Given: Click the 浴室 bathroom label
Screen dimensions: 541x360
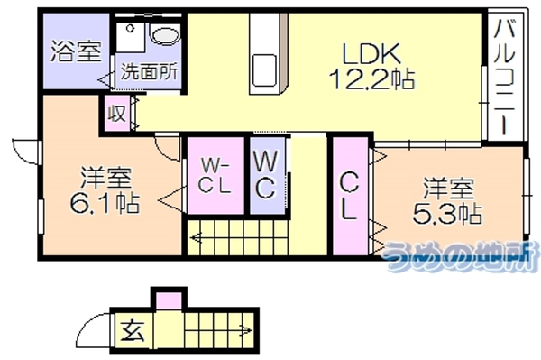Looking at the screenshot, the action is (77, 51).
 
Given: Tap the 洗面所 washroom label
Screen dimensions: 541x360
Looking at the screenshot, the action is (149, 72).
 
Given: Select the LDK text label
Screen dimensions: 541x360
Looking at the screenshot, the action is (371, 53).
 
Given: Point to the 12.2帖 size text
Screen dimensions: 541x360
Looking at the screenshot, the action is (371, 78).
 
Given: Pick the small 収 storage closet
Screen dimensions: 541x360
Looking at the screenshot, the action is (117, 113).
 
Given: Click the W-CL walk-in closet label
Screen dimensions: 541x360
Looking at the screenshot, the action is (215, 175).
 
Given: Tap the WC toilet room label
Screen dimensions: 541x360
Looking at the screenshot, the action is (266, 175).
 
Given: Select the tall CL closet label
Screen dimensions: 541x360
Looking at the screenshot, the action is (349, 196).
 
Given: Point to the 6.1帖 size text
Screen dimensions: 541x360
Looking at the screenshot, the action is (105, 203).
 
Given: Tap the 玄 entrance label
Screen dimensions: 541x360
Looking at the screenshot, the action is (133, 330).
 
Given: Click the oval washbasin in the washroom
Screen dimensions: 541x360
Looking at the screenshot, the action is (166, 35).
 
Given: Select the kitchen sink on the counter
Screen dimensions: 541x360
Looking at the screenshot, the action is (264, 70).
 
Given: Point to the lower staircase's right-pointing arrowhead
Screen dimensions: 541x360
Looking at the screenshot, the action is (248, 330).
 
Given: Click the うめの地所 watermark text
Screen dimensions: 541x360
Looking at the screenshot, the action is (462, 255).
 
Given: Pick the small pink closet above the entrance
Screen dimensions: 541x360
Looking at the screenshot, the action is (169, 301).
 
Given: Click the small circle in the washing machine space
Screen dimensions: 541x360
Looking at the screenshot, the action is (130, 28).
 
